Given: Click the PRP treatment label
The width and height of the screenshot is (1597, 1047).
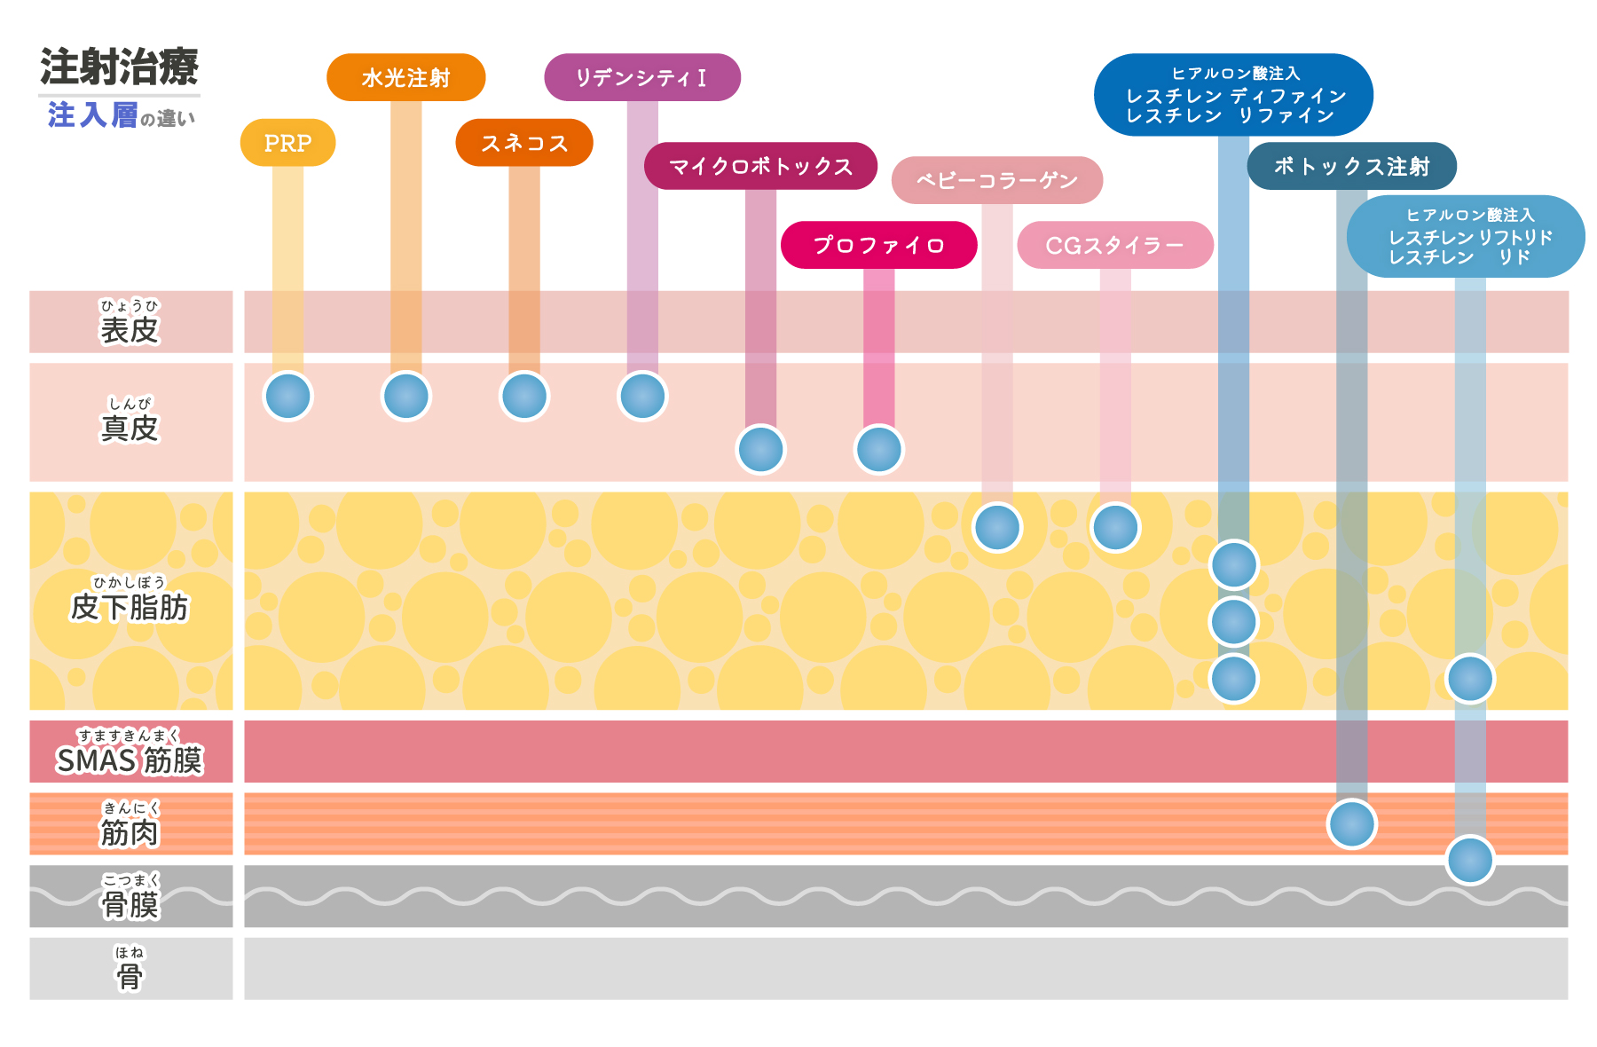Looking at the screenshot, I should pos(287,143).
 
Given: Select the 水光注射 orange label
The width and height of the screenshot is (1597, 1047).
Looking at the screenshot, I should pos(405,78).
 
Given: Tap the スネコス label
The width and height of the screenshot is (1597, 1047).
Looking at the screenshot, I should pos(523,143).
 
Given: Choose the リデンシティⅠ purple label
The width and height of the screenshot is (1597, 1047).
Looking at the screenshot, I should pos(641,78).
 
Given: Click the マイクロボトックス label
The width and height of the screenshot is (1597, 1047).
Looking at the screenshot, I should pos(760,166).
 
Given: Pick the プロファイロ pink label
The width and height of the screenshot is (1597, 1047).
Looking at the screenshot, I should pos(878,245).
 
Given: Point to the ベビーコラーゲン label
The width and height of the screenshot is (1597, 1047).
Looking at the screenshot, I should pos(996,181).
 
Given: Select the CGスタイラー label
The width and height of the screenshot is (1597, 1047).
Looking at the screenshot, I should pos(1114,245).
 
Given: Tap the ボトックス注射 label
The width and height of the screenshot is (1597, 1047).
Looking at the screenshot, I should pos(1351,166).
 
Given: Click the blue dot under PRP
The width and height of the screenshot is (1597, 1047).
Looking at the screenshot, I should pos(288,396).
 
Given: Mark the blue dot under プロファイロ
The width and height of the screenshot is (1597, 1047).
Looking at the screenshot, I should pos(878,449).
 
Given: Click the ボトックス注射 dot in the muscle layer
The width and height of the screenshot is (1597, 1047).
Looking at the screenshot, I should pos(1351,823).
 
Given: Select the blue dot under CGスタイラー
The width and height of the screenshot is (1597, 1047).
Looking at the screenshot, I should pos(1115,528).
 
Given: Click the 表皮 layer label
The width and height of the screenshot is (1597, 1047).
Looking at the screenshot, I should pos(130,329).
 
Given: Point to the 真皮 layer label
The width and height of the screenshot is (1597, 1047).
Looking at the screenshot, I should pos(130,427).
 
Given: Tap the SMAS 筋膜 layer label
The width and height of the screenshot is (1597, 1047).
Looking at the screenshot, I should pos(130,760).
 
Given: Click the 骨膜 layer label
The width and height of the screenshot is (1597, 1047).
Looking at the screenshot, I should pos(130,904).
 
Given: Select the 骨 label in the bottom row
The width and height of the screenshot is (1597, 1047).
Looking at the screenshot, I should pos(130,976).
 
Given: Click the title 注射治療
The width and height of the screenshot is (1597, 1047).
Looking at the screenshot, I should pos(119,67).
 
